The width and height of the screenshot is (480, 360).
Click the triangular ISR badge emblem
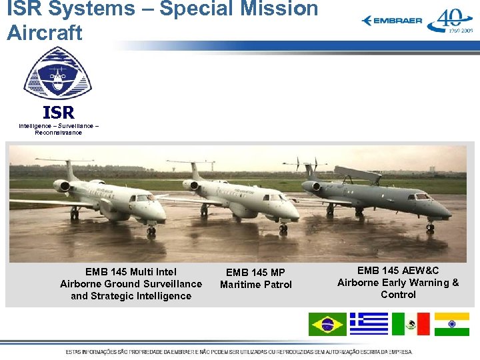pyautogui.click(x=58, y=74)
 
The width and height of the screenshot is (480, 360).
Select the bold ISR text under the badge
pyautogui.click(x=58, y=112)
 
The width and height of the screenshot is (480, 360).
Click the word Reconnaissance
pyautogui.click(x=59, y=133)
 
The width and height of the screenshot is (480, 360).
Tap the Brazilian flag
pyautogui.click(x=327, y=324)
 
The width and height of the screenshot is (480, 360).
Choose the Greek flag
pyautogui.click(x=369, y=324)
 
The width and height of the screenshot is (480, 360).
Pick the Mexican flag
pyautogui.click(x=411, y=324)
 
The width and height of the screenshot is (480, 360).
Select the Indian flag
pyautogui.click(x=451, y=324)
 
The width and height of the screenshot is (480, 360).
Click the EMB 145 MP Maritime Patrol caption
pyautogui.click(x=256, y=279)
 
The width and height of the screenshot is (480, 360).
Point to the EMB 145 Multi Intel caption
pyautogui.click(x=131, y=283)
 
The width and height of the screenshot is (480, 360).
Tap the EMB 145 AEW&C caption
pyautogui.click(x=398, y=282)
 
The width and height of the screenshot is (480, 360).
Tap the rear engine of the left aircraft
pyautogui.click(x=62, y=186)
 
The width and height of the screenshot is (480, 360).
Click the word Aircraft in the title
pyautogui.click(x=45, y=32)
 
